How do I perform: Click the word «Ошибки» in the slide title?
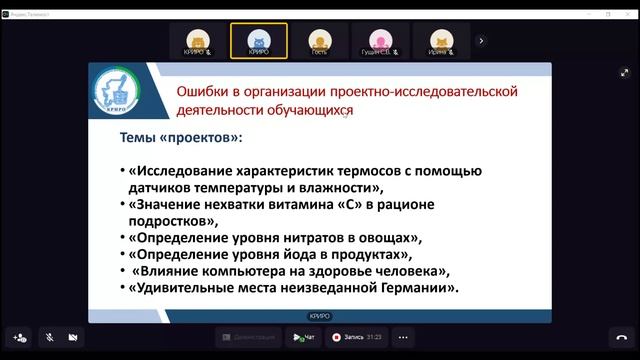(203, 91)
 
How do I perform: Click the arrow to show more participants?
(481, 41)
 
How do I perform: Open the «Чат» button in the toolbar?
(304, 338)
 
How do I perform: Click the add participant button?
(20, 338)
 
